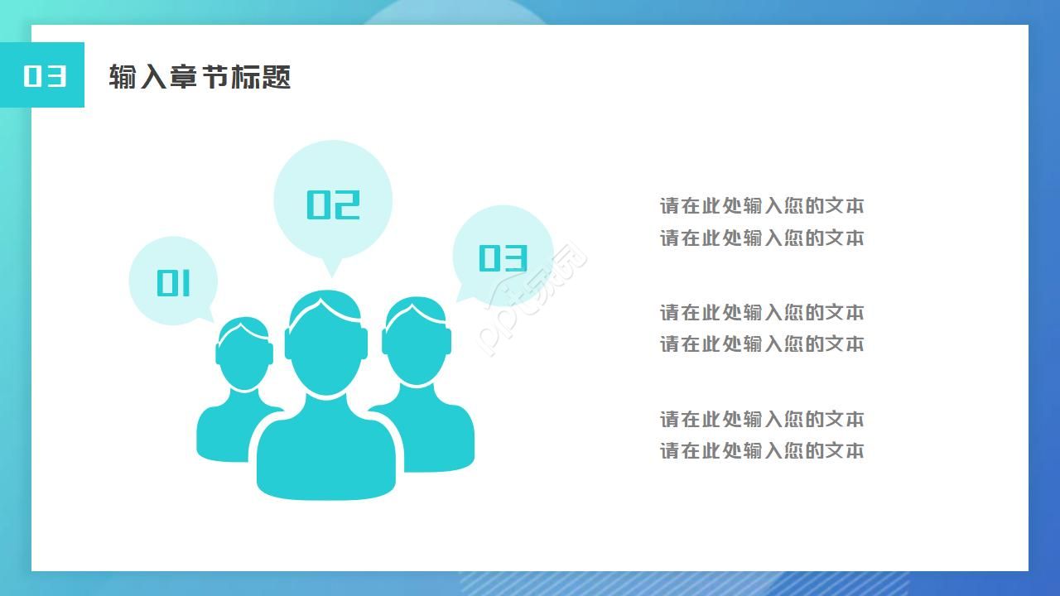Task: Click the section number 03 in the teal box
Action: (x=44, y=75)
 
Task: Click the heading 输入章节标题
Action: (x=200, y=77)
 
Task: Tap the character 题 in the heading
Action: (x=277, y=77)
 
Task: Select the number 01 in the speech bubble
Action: (x=174, y=283)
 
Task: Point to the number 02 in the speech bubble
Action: (x=333, y=204)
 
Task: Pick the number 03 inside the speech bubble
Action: (x=503, y=257)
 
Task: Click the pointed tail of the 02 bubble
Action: (x=331, y=268)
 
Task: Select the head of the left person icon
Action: (x=243, y=356)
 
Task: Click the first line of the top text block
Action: (x=761, y=206)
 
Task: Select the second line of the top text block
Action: (x=761, y=238)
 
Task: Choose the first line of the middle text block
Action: (x=761, y=313)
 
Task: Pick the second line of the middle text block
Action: (x=761, y=344)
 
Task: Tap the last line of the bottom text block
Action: (x=761, y=451)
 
